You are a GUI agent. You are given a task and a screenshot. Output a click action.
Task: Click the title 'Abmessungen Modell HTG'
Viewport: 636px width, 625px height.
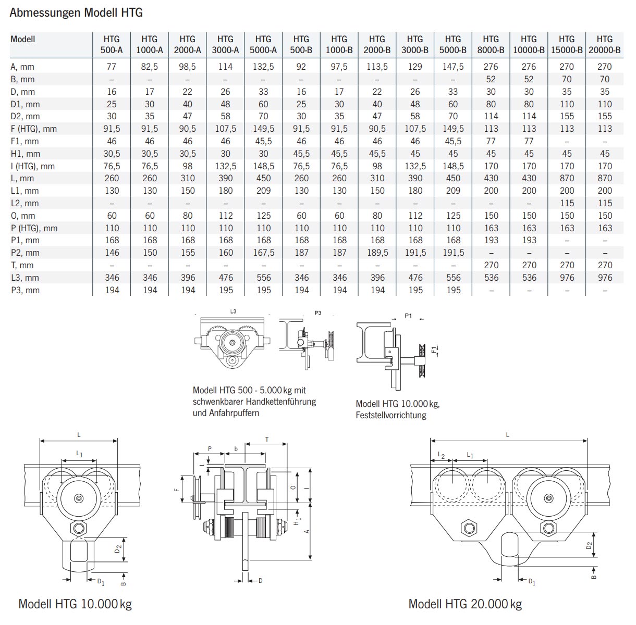76,12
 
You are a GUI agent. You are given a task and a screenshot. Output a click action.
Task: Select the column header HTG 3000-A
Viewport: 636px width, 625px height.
225,45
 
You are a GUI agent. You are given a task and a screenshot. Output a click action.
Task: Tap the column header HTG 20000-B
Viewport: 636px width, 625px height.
605,45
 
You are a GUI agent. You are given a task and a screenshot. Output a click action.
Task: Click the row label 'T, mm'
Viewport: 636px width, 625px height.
22,265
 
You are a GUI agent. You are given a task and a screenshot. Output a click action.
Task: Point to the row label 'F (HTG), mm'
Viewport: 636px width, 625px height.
34,129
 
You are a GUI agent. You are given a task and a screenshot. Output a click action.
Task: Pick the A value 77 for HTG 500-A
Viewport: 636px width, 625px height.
112,67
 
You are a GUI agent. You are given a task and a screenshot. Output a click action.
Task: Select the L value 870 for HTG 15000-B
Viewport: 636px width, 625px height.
567,178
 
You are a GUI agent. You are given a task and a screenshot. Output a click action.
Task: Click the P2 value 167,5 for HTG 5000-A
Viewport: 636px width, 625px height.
264,253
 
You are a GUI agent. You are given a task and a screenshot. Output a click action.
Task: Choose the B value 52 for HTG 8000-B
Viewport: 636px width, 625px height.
491,79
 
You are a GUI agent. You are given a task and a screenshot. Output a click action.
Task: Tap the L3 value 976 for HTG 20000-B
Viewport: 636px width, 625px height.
605,278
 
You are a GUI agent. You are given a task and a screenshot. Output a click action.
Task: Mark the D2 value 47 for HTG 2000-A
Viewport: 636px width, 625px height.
188,116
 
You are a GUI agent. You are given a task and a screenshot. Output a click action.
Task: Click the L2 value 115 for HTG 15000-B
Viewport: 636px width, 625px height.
567,203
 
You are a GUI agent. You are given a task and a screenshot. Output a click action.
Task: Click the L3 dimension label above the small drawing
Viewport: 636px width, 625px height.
233,311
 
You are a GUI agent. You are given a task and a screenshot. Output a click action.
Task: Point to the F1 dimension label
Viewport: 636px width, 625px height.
433,349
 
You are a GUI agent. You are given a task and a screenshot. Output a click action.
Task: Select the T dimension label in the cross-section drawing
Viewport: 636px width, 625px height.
267,440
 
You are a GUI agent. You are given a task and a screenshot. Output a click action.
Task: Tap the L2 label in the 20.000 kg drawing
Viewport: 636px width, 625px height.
441,455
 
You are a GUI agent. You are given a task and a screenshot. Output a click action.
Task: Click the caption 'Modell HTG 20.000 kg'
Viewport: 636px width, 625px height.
465,604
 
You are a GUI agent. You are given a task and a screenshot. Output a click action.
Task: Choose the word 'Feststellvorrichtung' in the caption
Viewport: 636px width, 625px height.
391,415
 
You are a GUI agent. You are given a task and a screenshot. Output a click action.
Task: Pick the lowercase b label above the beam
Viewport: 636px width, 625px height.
236,448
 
